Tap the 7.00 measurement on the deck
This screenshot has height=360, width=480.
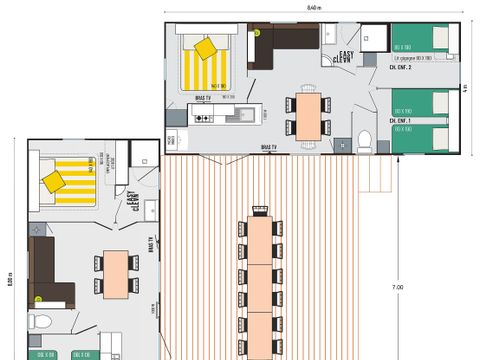[397, 287]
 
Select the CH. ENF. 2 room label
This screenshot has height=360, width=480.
[401, 67]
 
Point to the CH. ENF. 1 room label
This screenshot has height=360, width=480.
[401, 120]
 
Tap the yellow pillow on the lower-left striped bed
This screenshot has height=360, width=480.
[54, 181]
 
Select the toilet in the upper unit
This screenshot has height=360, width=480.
[365, 138]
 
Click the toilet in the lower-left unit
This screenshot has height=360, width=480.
[40, 321]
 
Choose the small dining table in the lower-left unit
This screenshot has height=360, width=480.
[118, 273]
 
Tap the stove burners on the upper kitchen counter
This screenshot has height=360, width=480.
[204, 118]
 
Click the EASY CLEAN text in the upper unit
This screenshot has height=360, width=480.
[346, 57]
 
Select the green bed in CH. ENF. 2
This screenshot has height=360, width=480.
[419, 40]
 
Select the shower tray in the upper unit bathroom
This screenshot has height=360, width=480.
[376, 37]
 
